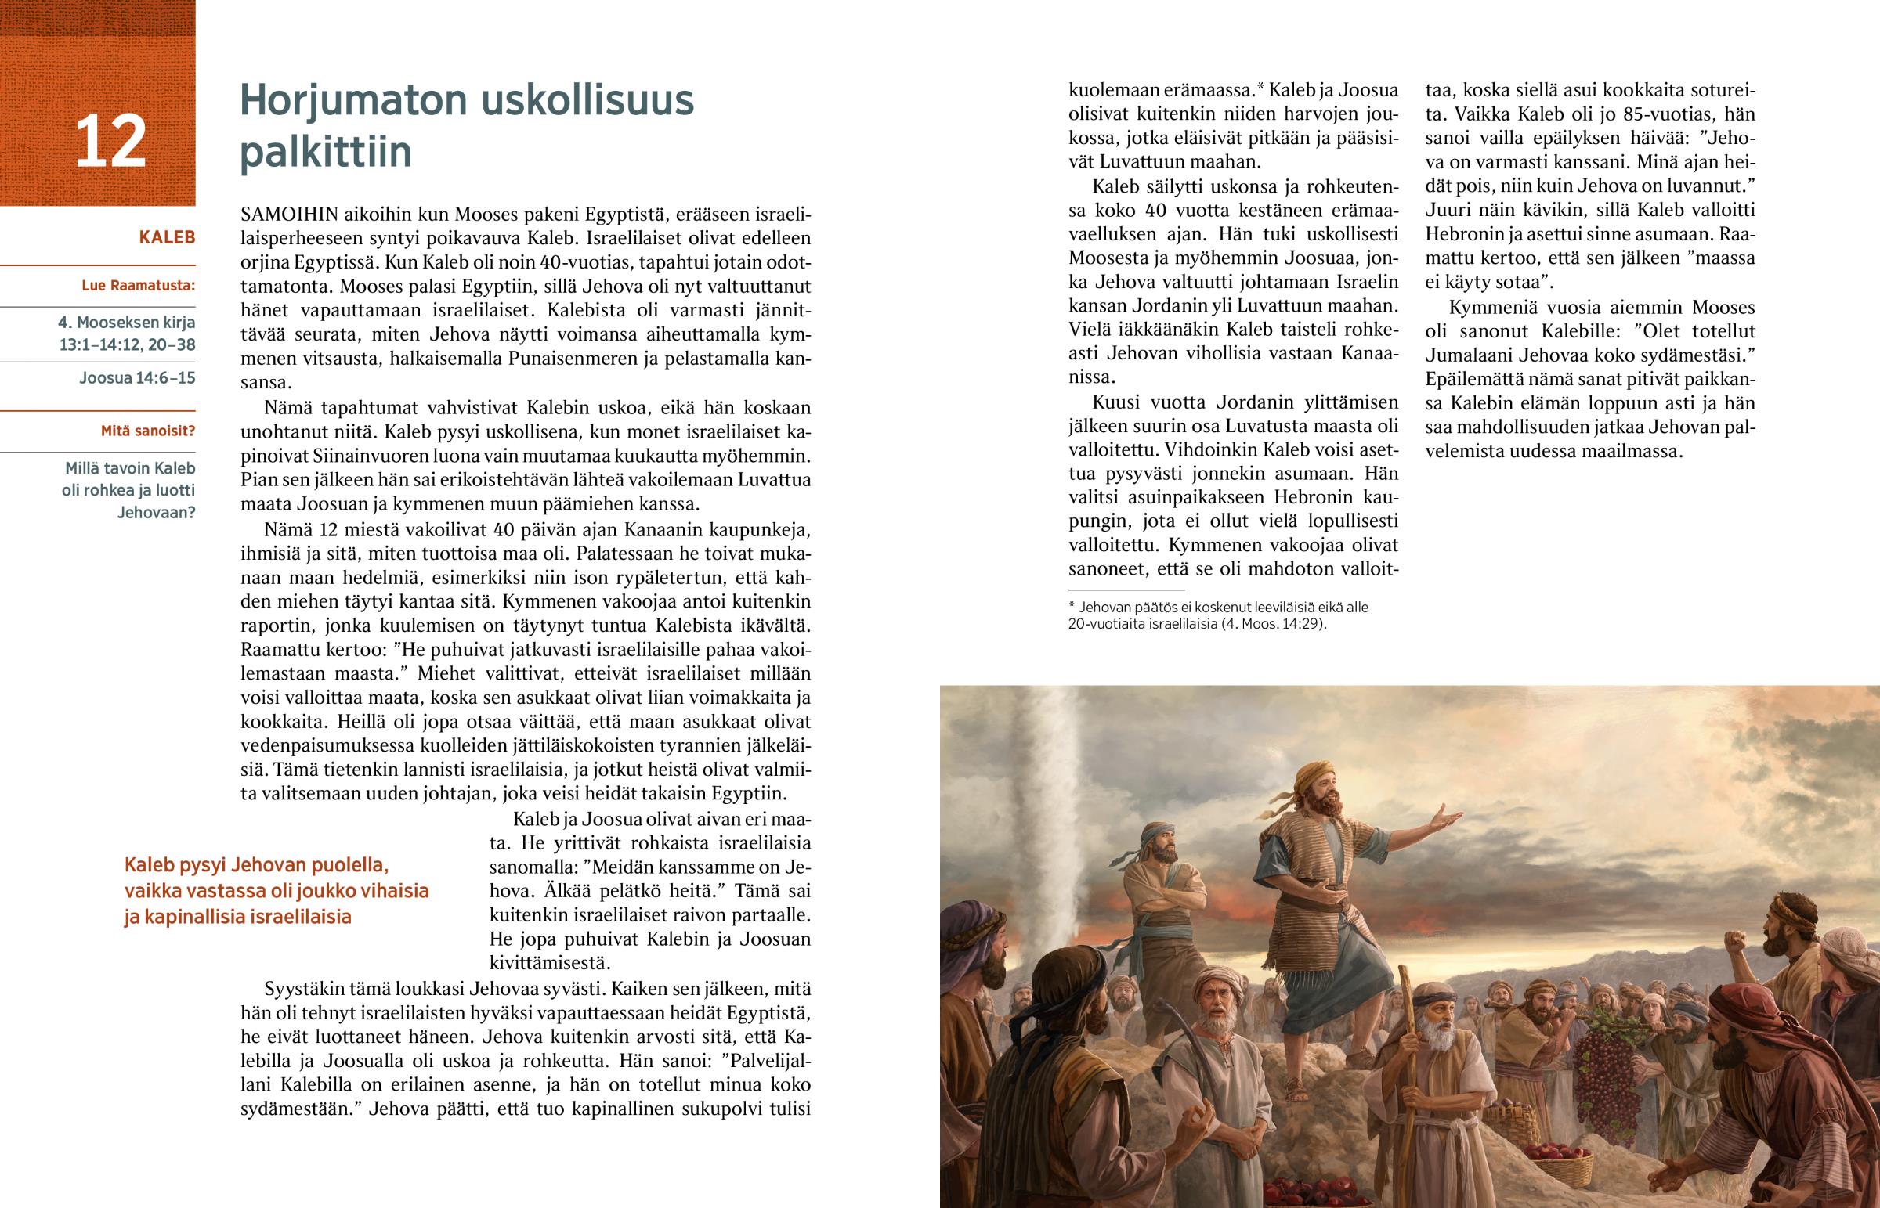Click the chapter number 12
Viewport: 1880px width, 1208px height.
[110, 142]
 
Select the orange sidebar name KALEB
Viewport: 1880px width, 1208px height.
[166, 238]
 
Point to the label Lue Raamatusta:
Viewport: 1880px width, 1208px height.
[138, 286]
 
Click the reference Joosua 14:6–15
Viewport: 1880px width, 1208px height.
[137, 378]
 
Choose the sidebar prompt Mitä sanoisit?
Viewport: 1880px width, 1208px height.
[147, 431]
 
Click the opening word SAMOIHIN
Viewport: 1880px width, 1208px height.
[287, 215]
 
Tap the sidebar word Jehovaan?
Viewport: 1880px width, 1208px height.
[155, 513]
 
